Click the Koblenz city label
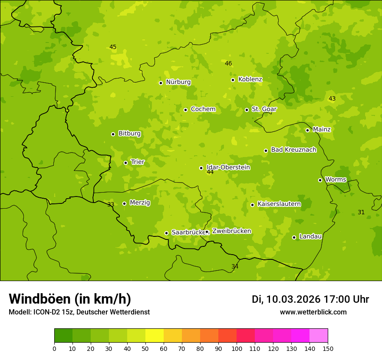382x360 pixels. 250,79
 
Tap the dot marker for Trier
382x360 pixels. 126,163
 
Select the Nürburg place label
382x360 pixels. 178,82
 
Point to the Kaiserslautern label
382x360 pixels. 279,204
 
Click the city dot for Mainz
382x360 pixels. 307,130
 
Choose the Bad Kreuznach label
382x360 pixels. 293,150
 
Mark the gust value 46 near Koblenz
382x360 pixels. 228,64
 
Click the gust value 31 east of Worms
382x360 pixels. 361,212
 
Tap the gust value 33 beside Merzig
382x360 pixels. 111,204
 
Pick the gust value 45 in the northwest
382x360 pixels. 113,47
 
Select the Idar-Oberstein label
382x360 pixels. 228,167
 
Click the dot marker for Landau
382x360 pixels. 294,237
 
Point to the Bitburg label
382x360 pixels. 129,134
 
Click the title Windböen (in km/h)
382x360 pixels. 70,299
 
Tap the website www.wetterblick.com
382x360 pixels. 313,312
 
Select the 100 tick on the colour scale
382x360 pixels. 237,348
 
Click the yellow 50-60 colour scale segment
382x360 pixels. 155,336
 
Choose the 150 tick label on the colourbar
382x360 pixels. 328,348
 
